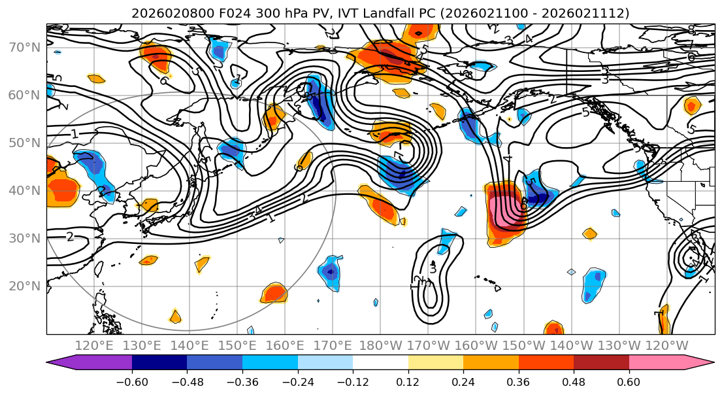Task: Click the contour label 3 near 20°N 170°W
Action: coord(432,269)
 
